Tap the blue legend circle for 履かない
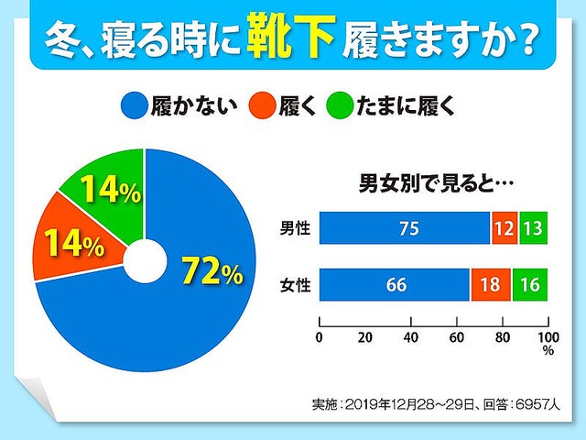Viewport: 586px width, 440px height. [x=134, y=106]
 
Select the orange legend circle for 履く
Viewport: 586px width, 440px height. [x=263, y=106]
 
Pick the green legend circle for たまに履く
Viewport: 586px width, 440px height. [x=340, y=106]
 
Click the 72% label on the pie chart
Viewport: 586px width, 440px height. [x=212, y=271]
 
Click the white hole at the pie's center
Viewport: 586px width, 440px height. [x=145, y=260]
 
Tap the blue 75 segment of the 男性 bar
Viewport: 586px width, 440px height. [x=405, y=228]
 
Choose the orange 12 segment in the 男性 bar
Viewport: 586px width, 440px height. [x=505, y=228]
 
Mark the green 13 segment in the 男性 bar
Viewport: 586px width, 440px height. [x=534, y=228]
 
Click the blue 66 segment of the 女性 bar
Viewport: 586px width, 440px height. [x=395, y=285]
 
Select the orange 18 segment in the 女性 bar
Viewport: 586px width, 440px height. [x=491, y=285]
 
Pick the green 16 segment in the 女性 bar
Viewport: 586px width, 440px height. [x=530, y=285]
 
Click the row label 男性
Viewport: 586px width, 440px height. [x=295, y=228]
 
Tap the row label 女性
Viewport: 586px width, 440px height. [x=295, y=285]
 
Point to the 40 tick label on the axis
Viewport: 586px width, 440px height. [x=411, y=337]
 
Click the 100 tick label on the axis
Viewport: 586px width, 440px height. [x=548, y=337]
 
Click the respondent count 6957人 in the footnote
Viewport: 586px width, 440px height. [x=537, y=404]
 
